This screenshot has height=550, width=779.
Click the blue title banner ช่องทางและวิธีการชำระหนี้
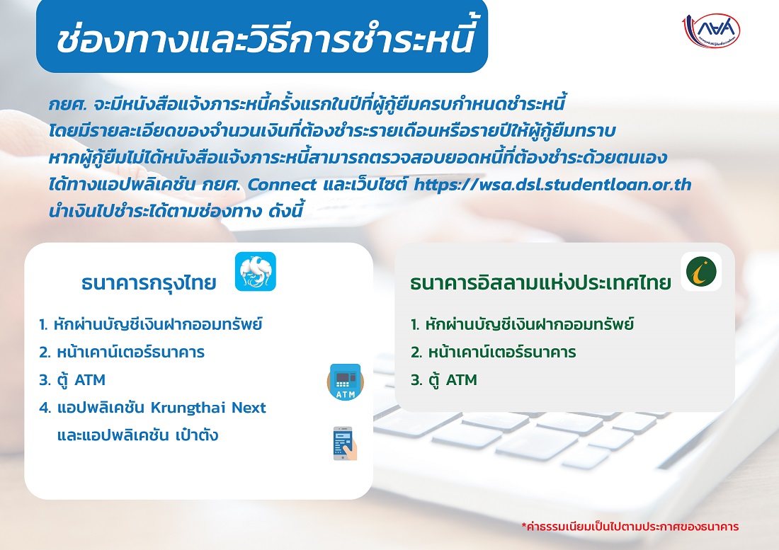[262, 37]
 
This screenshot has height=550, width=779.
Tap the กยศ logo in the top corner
[712, 31]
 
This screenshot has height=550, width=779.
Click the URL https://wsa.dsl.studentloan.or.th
[552, 185]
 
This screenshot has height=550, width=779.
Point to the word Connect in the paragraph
[282, 185]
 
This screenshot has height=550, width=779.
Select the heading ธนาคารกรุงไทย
[149, 283]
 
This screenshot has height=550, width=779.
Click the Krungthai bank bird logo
[256, 272]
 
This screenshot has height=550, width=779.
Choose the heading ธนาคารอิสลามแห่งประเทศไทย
[540, 283]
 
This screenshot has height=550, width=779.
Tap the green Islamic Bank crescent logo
[701, 272]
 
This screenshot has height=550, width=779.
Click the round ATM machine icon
[346, 382]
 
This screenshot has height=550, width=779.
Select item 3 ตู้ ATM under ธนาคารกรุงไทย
[72, 380]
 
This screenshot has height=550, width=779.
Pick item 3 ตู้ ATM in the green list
[444, 380]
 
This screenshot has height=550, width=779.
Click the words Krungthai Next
[208, 408]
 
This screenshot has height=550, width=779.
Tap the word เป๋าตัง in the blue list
[197, 435]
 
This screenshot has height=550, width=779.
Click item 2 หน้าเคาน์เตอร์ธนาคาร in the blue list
[122, 351]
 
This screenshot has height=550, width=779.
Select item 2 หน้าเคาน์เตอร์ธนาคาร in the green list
[494, 351]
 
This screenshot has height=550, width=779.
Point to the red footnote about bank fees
[630, 526]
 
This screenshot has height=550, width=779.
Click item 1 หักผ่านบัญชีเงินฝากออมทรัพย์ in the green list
[522, 324]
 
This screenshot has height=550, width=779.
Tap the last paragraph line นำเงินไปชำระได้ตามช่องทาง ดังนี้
[176, 211]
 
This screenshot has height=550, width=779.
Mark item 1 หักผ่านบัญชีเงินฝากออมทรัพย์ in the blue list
[151, 324]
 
